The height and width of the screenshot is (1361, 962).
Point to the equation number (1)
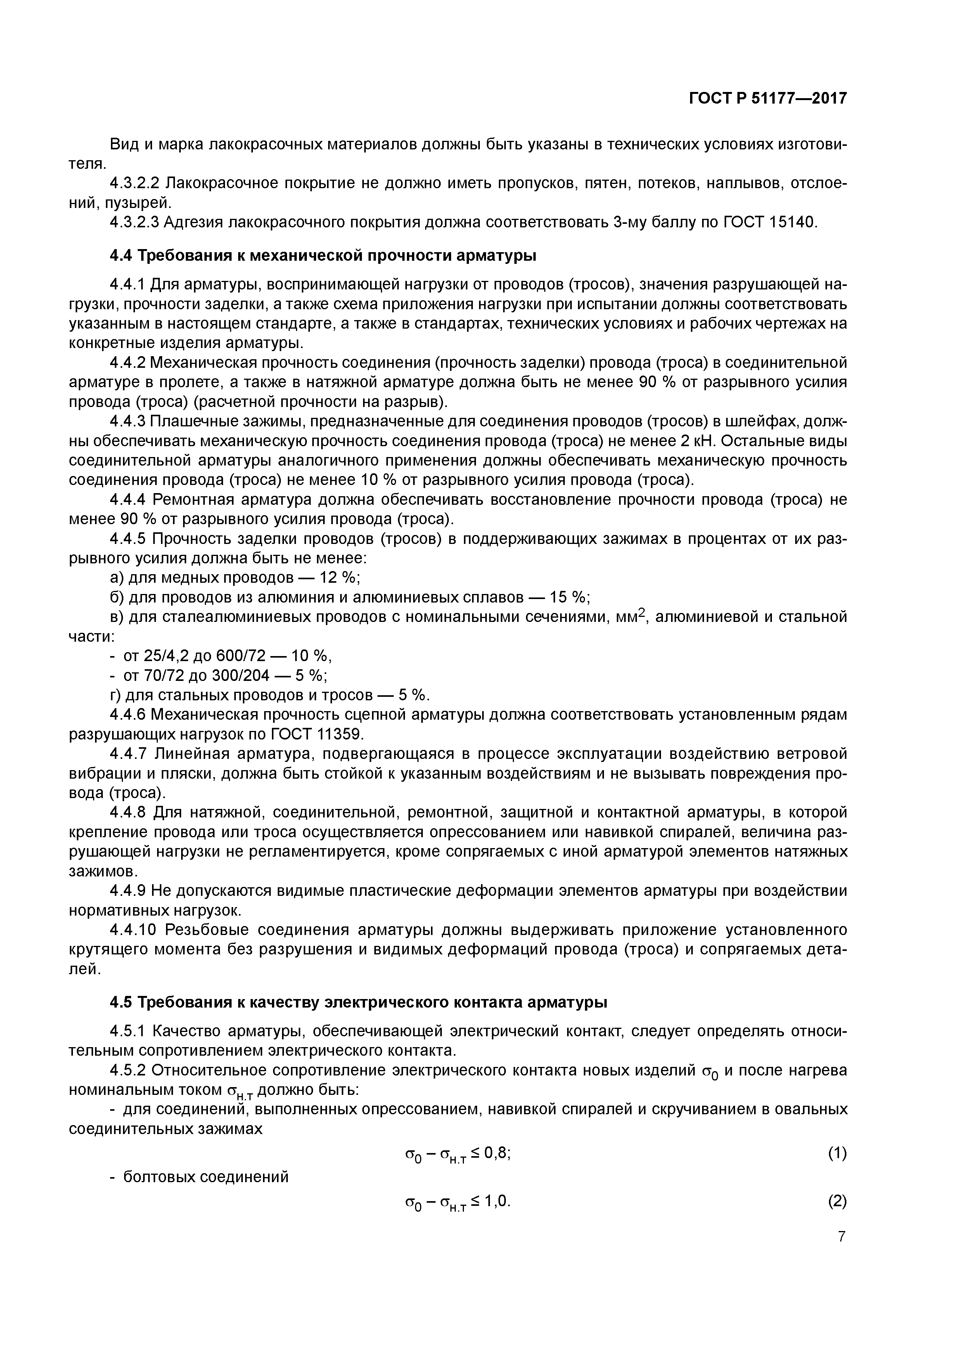(x=837, y=1153)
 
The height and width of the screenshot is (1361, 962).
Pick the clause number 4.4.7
(x=128, y=754)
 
